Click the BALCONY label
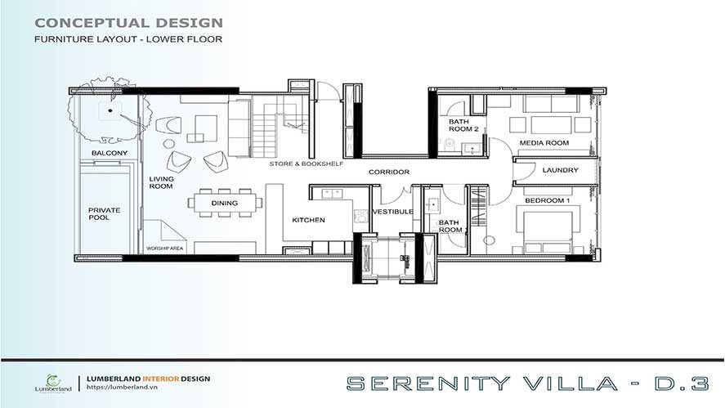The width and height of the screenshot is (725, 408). [x=110, y=153]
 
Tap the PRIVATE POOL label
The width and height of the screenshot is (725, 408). [x=104, y=213]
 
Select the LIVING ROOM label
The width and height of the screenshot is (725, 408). [x=161, y=182]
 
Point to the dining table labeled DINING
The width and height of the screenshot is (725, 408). [x=225, y=203]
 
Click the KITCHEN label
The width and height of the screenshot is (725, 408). [x=308, y=220]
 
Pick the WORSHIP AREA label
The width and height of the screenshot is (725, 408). [x=164, y=249]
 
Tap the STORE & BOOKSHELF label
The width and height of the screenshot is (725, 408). [x=306, y=164]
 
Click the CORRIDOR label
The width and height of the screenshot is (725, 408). [x=389, y=172]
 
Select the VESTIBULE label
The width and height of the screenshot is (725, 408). [x=392, y=212]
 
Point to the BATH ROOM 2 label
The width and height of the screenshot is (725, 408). [x=463, y=125]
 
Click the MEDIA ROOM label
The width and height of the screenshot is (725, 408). [x=544, y=143]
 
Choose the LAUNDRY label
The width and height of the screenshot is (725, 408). [x=561, y=170]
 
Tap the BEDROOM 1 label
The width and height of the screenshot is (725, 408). [x=548, y=201]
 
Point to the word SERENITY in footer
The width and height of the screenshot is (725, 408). [x=428, y=383]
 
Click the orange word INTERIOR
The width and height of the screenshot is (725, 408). [x=160, y=379]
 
